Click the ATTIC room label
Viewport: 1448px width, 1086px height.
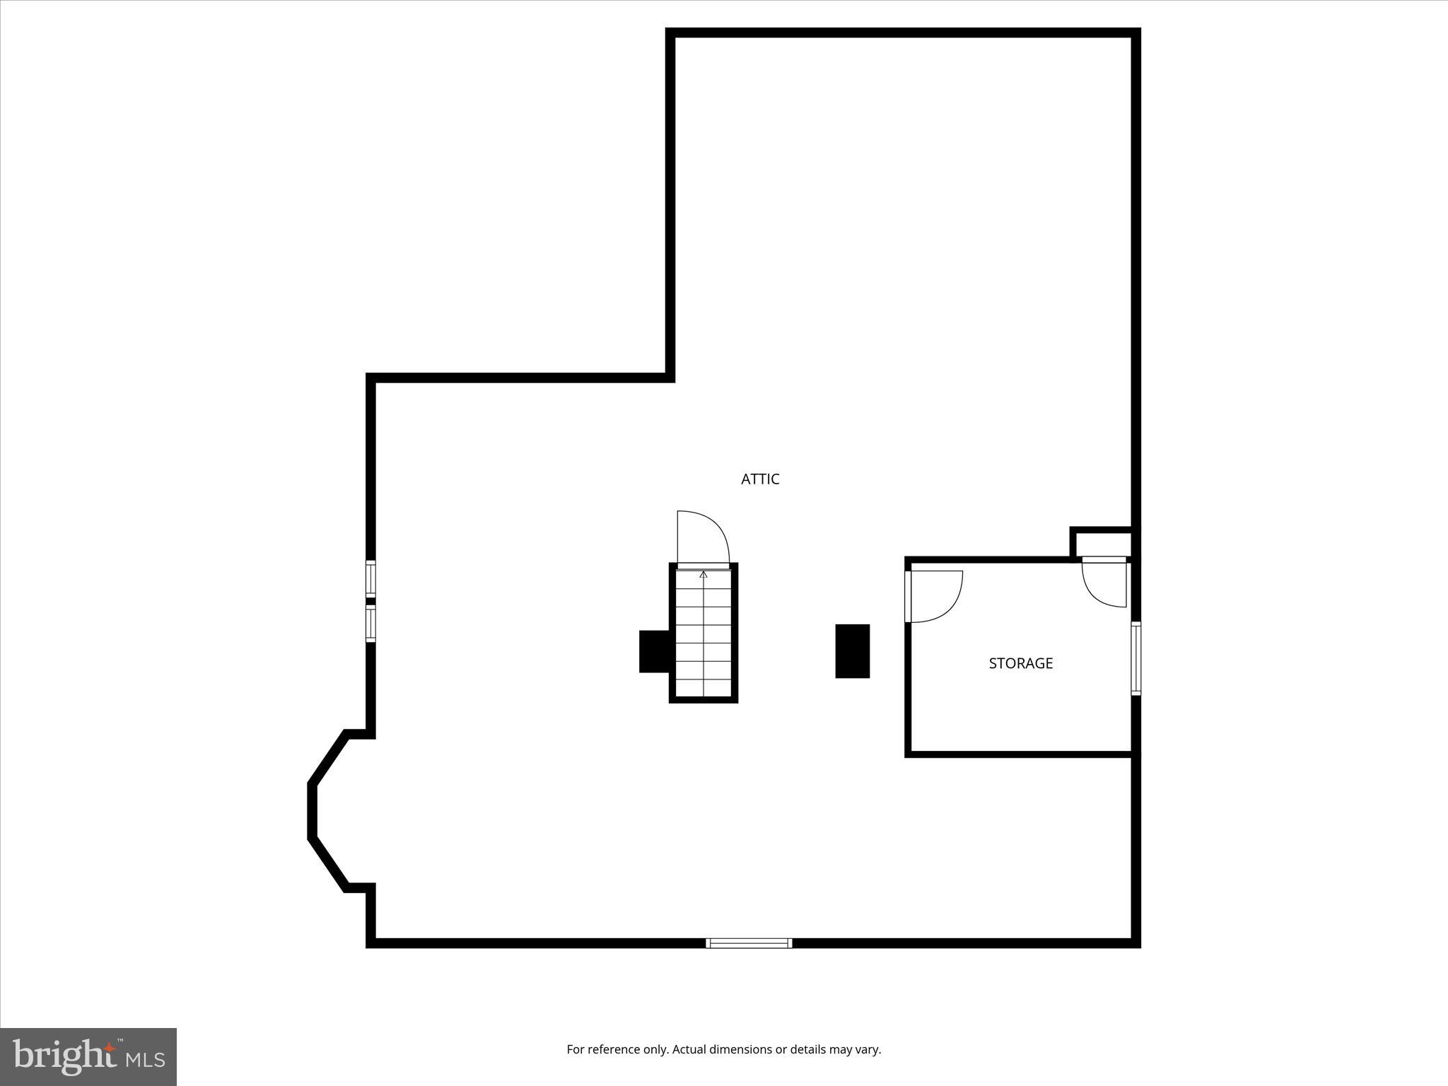pos(760,479)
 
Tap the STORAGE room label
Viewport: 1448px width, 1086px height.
pos(1020,663)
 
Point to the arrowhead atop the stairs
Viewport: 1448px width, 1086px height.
pos(703,575)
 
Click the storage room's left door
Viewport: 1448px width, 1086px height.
pos(935,597)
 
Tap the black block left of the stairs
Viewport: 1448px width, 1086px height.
pos(654,651)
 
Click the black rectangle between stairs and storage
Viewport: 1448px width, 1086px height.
pos(852,651)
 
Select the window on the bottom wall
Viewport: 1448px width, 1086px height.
pos(749,942)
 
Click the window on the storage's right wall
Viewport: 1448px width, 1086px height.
pos(1135,658)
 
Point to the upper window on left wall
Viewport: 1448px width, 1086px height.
pos(370,579)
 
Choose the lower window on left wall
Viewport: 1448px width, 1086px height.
pos(370,624)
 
